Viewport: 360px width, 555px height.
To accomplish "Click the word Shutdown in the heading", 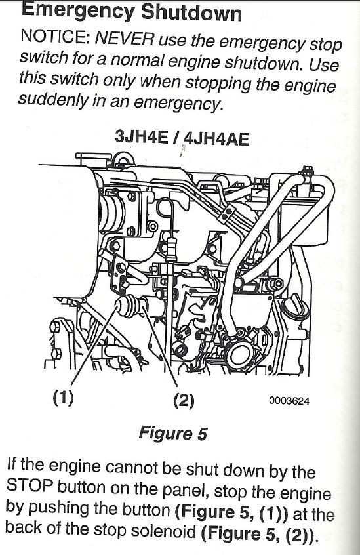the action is coord(191,13).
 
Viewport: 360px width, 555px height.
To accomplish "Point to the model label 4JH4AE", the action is coord(216,139).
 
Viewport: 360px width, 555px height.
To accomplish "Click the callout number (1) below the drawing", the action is coord(64,398).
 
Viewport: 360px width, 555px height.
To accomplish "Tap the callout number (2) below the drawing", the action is coord(184,400).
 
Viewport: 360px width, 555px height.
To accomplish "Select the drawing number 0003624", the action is coord(289,401).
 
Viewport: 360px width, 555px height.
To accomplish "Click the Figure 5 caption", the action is coord(173,433).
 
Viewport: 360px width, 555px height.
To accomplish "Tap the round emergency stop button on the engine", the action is coord(123,306).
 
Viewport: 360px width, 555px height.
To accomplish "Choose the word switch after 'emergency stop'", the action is coord(42,56).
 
